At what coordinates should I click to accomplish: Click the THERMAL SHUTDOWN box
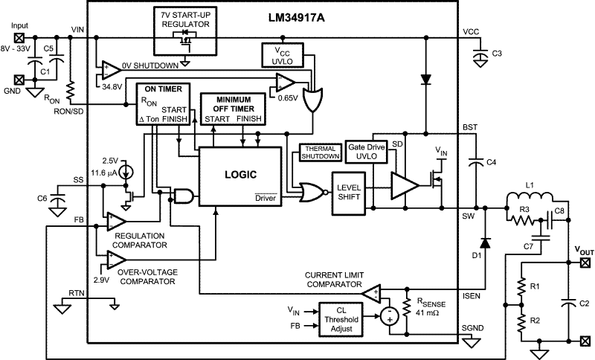(320, 152)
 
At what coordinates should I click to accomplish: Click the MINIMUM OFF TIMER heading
(233, 103)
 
